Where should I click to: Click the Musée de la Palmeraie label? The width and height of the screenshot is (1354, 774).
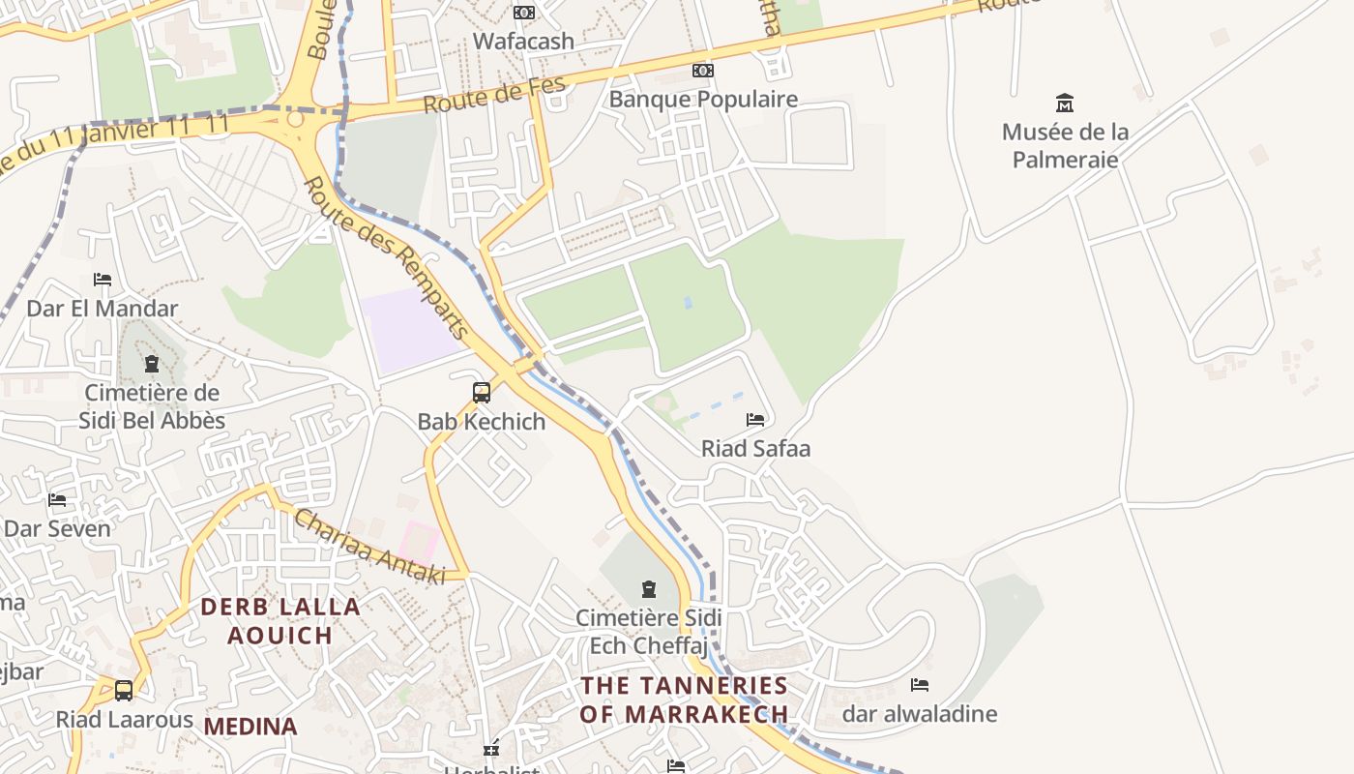tap(1065, 145)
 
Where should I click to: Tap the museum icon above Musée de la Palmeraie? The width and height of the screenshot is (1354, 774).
tap(1065, 103)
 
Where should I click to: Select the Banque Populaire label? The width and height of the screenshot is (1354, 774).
tap(703, 99)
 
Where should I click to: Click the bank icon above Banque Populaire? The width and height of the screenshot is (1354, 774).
tap(703, 71)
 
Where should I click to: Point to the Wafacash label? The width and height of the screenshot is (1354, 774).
tap(523, 42)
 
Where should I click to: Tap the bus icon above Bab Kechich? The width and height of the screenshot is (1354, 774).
tap(482, 393)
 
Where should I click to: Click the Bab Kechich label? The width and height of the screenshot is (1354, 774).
tap(482, 422)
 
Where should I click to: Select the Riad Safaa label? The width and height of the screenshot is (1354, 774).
tap(755, 448)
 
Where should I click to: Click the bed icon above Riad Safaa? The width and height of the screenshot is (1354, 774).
tap(755, 419)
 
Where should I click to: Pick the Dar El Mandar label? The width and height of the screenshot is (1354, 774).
tap(103, 309)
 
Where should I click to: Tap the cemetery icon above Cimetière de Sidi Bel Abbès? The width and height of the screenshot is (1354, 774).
tap(151, 365)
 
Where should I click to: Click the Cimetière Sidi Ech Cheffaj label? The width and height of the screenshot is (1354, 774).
tap(649, 631)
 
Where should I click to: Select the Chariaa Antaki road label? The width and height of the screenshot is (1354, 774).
tap(368, 548)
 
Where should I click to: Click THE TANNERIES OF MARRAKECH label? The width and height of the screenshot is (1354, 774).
tap(685, 700)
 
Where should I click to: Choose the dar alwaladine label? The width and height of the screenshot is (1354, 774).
tap(919, 714)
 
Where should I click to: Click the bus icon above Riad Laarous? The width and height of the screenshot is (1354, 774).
tap(124, 691)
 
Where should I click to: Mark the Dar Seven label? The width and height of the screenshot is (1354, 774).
tap(57, 528)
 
